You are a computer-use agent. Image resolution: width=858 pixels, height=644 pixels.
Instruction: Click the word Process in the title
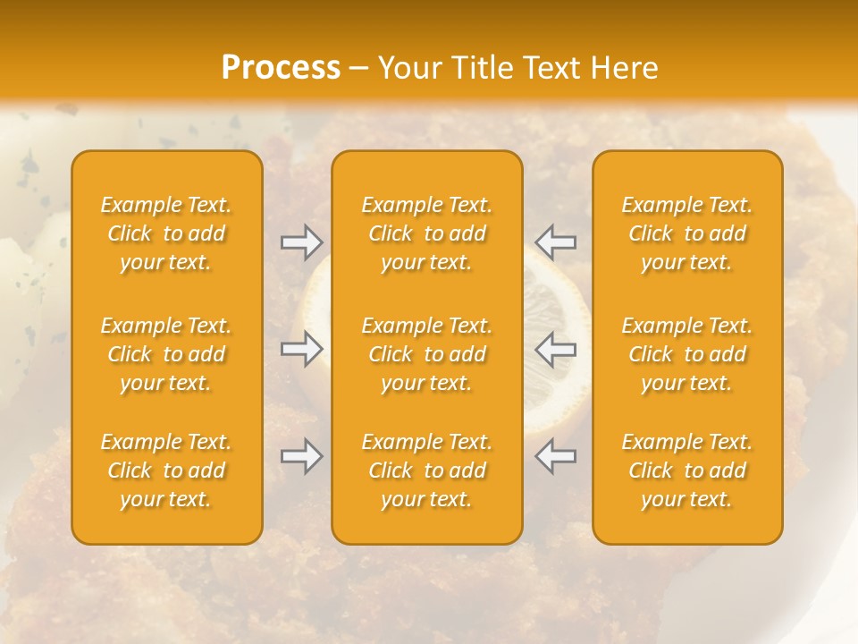[281, 68]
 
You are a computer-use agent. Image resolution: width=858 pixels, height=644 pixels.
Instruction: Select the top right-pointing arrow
[302, 242]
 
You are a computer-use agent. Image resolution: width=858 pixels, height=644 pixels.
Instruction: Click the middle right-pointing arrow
[302, 349]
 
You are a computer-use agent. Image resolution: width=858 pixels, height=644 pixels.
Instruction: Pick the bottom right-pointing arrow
[302, 456]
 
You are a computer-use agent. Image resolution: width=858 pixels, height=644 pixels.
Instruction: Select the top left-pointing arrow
[555, 242]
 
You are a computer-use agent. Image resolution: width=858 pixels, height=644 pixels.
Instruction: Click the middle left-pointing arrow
[555, 349]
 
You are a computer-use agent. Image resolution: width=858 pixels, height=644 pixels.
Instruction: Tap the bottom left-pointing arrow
[555, 456]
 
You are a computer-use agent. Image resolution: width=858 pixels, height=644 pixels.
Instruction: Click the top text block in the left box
[166, 233]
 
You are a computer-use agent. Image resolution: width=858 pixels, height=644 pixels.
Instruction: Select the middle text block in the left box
[166, 354]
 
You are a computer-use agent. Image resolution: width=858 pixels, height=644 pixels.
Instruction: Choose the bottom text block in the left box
[166, 470]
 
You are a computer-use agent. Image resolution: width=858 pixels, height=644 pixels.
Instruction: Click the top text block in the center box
[426, 233]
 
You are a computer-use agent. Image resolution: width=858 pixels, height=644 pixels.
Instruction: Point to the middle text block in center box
[426, 354]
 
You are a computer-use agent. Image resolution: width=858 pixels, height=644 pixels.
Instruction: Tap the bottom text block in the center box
[426, 470]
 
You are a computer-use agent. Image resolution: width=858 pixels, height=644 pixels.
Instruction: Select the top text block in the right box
[686, 233]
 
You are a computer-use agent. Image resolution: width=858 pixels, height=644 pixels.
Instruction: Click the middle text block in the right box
[686, 354]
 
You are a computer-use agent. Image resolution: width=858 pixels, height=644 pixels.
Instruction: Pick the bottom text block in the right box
[686, 470]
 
